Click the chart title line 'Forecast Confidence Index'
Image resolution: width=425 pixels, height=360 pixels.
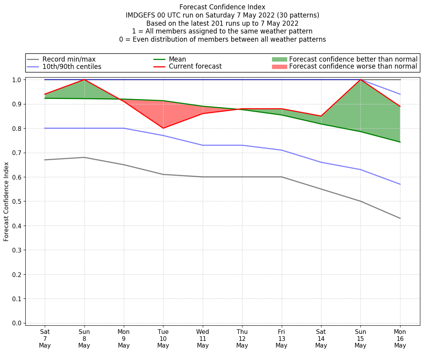(222, 7)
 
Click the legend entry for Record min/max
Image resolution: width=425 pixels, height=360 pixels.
(69, 59)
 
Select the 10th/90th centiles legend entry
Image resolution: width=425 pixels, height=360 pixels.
(72, 67)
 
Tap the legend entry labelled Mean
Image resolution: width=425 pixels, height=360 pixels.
(177, 59)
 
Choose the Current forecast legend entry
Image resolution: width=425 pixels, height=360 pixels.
(195, 67)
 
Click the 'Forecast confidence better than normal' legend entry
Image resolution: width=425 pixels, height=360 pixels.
(353, 59)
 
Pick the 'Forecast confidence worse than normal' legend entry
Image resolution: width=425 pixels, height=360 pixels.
(353, 67)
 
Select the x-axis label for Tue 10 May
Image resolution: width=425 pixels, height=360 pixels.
(163, 338)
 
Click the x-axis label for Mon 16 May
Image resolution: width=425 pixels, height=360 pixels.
(400, 338)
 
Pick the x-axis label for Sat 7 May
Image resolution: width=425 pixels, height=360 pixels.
(45, 338)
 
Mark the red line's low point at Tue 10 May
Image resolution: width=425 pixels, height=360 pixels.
(163, 128)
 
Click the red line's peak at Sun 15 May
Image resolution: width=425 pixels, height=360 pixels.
(360, 80)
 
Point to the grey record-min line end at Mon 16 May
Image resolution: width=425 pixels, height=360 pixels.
(400, 218)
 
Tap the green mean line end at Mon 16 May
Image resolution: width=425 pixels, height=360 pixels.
(400, 142)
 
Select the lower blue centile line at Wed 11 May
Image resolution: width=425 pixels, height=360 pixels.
(203, 145)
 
